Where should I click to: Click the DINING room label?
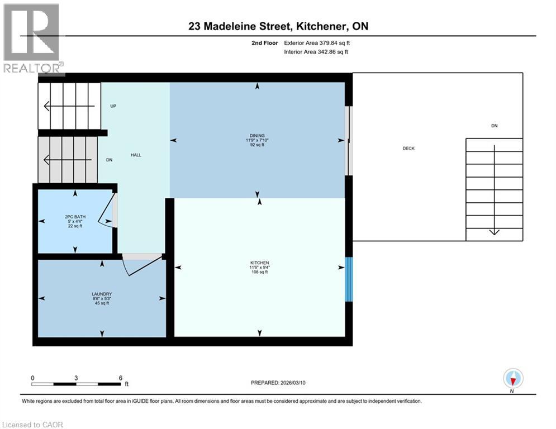pyautogui.click(x=257, y=136)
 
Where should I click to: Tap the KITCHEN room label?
pyautogui.click(x=260, y=263)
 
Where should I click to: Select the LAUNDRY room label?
pyautogui.click(x=102, y=294)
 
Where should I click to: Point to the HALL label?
pyautogui.click(x=136, y=155)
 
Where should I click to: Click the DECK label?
pyautogui.click(x=408, y=148)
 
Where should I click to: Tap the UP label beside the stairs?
pyautogui.click(x=113, y=106)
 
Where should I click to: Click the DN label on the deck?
pyautogui.click(x=494, y=126)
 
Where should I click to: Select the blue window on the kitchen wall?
pyautogui.click(x=349, y=279)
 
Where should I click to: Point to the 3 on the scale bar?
pyautogui.click(x=76, y=378)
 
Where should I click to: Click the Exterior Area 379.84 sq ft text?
pyautogui.click(x=317, y=42)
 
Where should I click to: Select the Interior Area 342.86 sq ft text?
pyautogui.click(x=316, y=52)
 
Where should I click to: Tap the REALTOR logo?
pyautogui.click(x=32, y=38)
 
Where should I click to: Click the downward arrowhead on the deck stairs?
pyautogui.click(x=494, y=232)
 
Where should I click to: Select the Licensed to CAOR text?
pyautogui.click(x=34, y=425)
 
